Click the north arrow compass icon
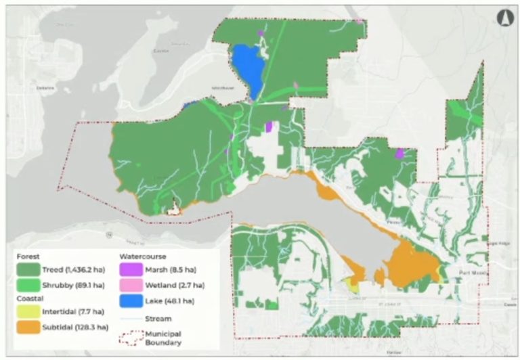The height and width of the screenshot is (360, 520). point(502,16)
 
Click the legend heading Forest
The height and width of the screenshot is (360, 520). point(28,257)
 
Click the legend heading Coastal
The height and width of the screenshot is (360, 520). point(30,299)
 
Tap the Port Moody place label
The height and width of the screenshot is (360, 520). point(468,271)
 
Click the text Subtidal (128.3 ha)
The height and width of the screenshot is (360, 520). point(76,328)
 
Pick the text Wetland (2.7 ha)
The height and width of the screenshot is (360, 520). point(177,286)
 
